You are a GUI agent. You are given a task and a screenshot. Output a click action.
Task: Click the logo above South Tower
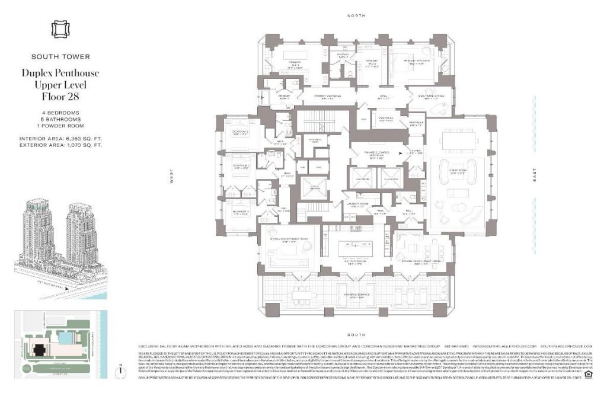click(60, 29)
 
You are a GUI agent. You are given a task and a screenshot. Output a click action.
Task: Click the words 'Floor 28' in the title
click(60, 95)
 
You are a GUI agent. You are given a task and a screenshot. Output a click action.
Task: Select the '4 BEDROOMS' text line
click(60, 112)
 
